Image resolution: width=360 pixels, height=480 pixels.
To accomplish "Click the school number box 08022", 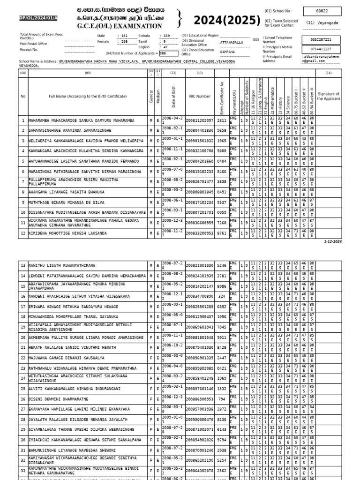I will (x=323, y=11).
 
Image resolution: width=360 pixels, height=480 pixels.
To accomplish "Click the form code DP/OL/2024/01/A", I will (x=38, y=18).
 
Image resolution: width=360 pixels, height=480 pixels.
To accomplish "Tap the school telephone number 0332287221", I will (x=320, y=39).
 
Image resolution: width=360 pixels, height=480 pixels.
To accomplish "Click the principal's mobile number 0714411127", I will (x=320, y=49).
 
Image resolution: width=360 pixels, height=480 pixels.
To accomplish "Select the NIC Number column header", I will (x=200, y=96).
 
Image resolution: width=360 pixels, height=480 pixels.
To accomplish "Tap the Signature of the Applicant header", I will (x=328, y=96).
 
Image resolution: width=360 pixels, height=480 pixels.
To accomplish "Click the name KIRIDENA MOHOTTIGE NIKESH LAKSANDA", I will (x=67, y=232).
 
